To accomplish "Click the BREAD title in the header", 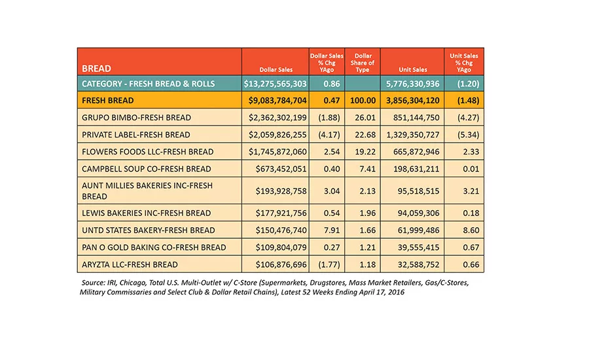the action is click(x=96, y=68).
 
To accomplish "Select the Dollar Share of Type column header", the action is click(x=363, y=62).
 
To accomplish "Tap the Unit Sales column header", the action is click(x=413, y=69).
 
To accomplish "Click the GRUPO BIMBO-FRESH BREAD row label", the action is click(x=136, y=118).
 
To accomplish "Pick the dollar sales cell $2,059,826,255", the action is click(x=277, y=135).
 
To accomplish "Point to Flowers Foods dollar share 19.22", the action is click(x=365, y=152).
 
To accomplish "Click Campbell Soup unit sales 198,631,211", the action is click(x=416, y=169).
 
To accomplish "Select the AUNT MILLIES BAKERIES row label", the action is click(x=147, y=191).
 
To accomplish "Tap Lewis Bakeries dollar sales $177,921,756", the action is click(x=281, y=213).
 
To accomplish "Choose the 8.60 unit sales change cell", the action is click(x=471, y=230).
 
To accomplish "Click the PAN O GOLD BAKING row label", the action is click(x=154, y=247).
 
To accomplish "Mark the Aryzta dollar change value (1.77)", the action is click(x=329, y=264).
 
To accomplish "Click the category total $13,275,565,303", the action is click(x=275, y=84).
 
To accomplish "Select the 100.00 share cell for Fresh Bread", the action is click(x=363, y=101).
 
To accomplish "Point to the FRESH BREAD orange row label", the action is click(x=108, y=101).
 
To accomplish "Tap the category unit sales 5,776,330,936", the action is click(x=413, y=84).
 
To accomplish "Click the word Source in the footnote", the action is click(x=93, y=283).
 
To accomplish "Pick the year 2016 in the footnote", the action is click(x=397, y=292).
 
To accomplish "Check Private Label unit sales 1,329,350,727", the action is click(x=413, y=135).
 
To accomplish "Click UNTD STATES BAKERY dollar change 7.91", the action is click(x=332, y=230).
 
